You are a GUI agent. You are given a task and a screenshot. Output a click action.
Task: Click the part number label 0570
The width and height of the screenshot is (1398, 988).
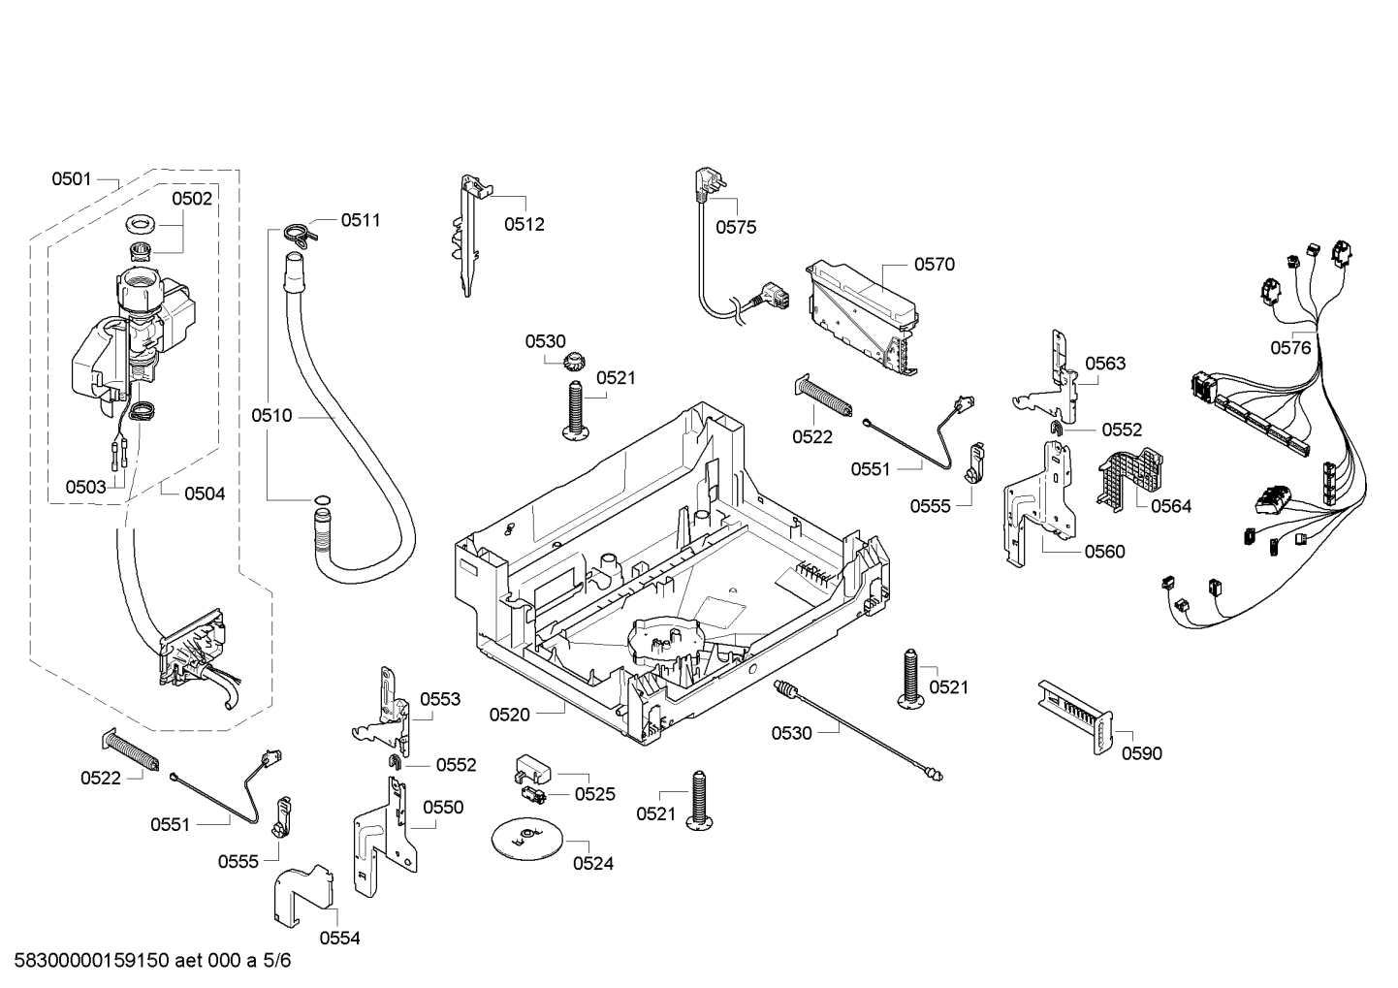(935, 265)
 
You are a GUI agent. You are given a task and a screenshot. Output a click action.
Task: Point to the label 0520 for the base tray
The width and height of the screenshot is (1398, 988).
(509, 715)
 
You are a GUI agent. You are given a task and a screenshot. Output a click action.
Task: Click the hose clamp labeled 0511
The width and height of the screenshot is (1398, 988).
(299, 235)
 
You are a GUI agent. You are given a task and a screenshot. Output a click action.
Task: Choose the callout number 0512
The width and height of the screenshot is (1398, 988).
(524, 224)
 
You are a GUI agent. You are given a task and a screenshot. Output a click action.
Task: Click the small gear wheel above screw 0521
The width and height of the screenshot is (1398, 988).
(572, 362)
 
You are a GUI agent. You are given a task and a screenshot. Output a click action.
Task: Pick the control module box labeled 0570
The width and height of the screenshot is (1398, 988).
(864, 317)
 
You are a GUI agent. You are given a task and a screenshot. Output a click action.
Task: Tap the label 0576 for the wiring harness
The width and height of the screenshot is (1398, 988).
(1290, 348)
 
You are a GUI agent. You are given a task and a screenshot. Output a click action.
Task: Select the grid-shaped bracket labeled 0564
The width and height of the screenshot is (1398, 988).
(1128, 479)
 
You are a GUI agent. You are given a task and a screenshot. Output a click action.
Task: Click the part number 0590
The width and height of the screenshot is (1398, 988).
(1141, 753)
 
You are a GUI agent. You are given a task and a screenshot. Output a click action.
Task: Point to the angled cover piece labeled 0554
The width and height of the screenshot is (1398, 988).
(302, 895)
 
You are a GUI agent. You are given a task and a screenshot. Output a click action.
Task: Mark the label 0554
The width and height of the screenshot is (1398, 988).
(339, 939)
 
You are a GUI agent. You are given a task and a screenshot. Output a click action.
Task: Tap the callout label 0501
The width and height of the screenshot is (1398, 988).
(71, 179)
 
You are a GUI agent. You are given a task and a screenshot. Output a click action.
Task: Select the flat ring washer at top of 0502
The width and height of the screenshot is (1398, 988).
(142, 223)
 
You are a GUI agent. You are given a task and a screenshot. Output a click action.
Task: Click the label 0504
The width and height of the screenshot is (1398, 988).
(205, 494)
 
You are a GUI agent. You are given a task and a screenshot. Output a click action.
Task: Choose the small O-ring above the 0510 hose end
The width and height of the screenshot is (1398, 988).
(322, 499)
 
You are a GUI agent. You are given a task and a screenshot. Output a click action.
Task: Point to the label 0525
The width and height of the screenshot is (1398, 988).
(594, 794)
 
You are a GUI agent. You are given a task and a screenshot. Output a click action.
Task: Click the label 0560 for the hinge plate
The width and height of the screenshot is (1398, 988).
(1104, 552)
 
